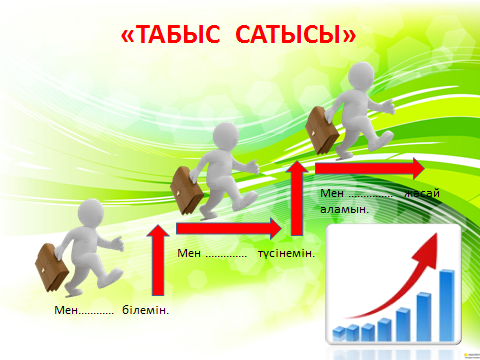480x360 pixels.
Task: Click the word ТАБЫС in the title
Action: pyautogui.click(x=178, y=34)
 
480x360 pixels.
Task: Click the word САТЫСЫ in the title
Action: pyautogui.click(x=288, y=34)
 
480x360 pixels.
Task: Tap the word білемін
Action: pyautogui.click(x=146, y=310)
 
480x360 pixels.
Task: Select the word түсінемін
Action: pyautogui.click(x=286, y=253)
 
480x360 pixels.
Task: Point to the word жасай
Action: pyautogui.click(x=422, y=193)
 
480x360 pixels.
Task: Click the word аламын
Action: pyautogui.click(x=344, y=209)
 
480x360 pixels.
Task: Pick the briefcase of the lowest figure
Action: pyautogui.click(x=51, y=267)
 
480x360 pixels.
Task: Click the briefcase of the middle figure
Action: pyautogui.click(x=186, y=190)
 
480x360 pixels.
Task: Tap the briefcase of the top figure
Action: pyautogui.click(x=321, y=131)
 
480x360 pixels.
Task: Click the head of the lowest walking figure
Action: pyautogui.click(x=91, y=212)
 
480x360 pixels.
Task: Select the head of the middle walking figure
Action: pyautogui.click(x=226, y=136)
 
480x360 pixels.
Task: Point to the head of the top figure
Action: pyautogui.click(x=361, y=76)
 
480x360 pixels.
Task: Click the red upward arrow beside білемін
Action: pyautogui.click(x=158, y=260)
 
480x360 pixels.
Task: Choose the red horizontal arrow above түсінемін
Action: pyautogui.click(x=229, y=229)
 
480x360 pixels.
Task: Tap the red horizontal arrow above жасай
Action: pyautogui.click(x=370, y=168)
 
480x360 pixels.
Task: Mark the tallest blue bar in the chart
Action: pyautogui.click(x=447, y=305)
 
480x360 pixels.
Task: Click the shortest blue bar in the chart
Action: pyautogui.click(x=339, y=334)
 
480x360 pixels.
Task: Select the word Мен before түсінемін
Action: pyautogui.click(x=189, y=253)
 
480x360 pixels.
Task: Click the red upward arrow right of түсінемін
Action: pyautogui.click(x=297, y=198)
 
